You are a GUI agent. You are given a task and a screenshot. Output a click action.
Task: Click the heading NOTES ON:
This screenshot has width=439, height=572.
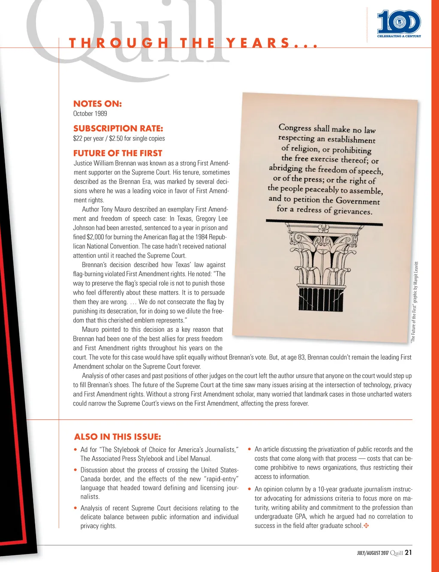pyautogui.click(x=97, y=104)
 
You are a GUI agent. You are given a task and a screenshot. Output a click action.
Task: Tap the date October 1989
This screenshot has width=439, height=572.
pyautogui.click(x=90, y=114)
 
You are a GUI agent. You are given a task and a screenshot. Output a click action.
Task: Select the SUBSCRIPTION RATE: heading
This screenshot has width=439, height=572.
pyautogui.click(x=118, y=129)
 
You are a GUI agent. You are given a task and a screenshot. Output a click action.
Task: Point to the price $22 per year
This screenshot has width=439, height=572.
pyautogui.click(x=88, y=138)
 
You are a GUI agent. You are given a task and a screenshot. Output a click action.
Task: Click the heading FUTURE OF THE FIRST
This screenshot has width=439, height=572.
pyautogui.click(x=117, y=153)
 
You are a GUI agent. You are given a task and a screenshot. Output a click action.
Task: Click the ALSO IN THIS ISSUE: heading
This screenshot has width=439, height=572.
pyautogui.click(x=117, y=437)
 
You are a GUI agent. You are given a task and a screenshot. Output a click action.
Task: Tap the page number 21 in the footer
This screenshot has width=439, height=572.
pyautogui.click(x=408, y=553)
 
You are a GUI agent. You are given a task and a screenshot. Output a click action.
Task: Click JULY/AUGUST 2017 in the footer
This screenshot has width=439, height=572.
pyautogui.click(x=373, y=553)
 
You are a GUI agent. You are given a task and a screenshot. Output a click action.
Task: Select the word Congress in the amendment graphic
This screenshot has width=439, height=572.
pyautogui.click(x=295, y=127)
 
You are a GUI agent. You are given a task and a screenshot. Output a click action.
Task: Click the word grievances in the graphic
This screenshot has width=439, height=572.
pyautogui.click(x=353, y=211)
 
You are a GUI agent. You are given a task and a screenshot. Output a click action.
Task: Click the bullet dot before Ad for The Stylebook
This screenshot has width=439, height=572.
pyautogui.click(x=75, y=450)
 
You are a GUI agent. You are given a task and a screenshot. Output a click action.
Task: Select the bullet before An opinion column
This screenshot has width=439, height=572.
pyautogui.click(x=250, y=489)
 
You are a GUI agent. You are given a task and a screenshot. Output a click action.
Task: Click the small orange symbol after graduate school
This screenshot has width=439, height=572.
pyautogui.click(x=366, y=526)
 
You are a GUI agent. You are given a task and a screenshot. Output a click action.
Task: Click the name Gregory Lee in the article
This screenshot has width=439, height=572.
pyautogui.click(x=211, y=219)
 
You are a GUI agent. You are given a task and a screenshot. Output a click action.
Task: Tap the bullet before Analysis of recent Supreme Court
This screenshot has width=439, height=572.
pyautogui.click(x=75, y=508)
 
